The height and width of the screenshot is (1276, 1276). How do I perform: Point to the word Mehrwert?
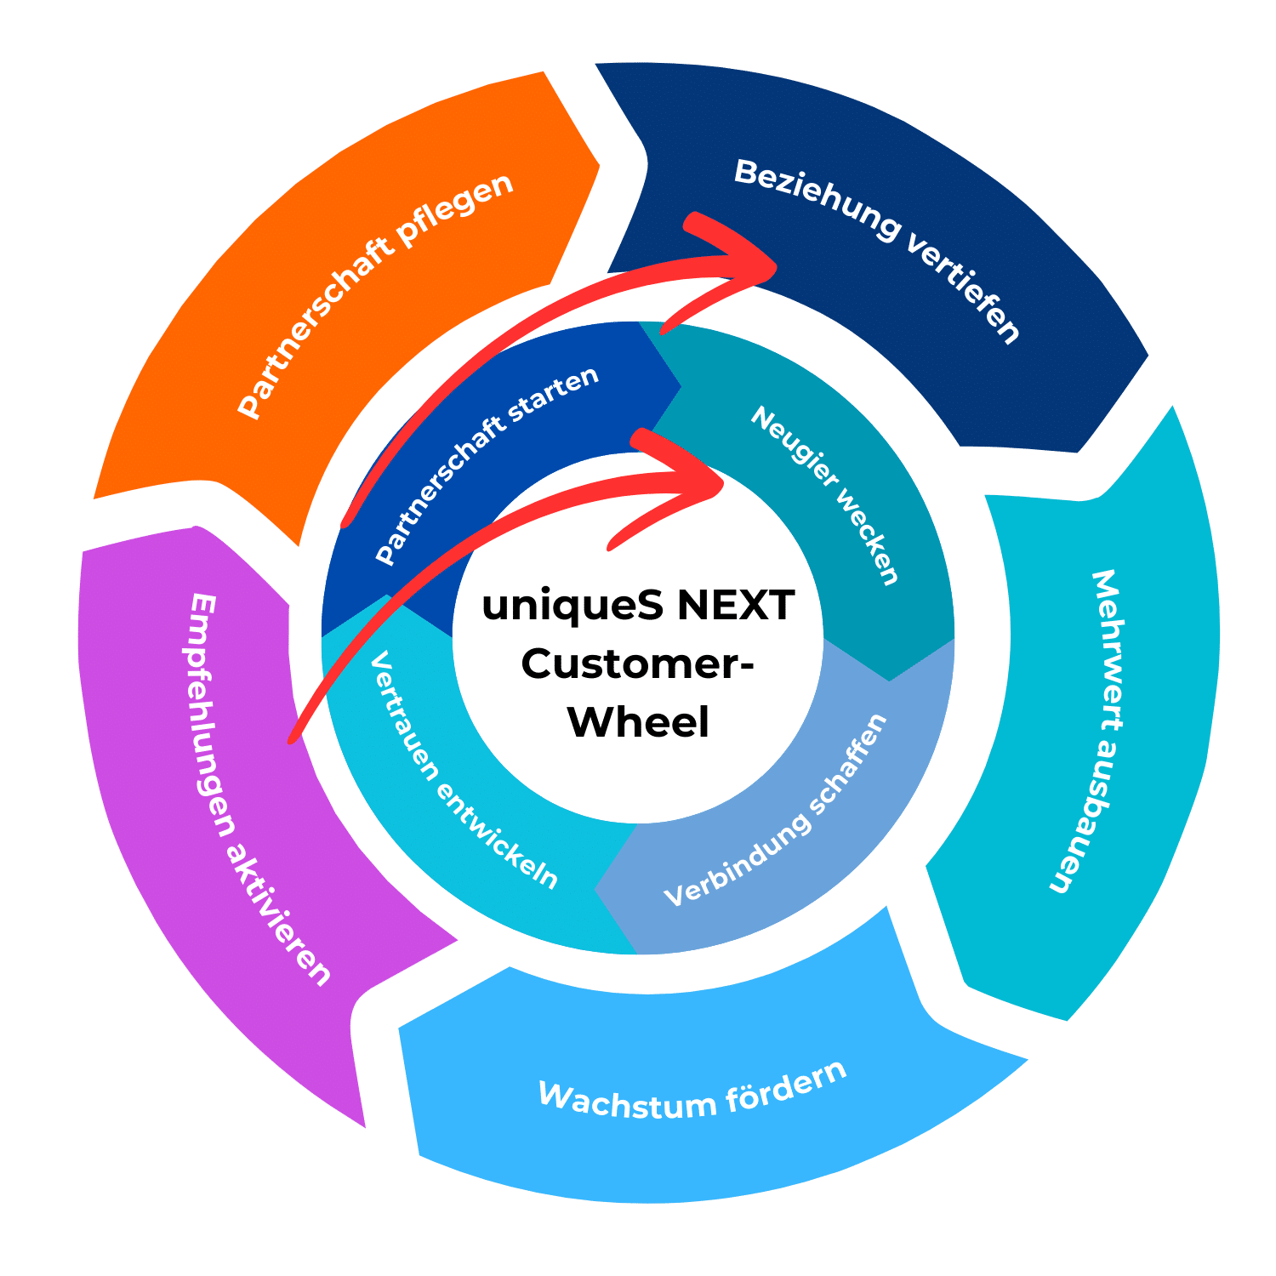[x=1107, y=650]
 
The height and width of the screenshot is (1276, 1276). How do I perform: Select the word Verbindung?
[x=736, y=860]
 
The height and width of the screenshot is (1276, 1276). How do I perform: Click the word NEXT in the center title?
[x=736, y=606]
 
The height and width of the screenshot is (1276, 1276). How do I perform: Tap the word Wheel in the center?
[x=638, y=722]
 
